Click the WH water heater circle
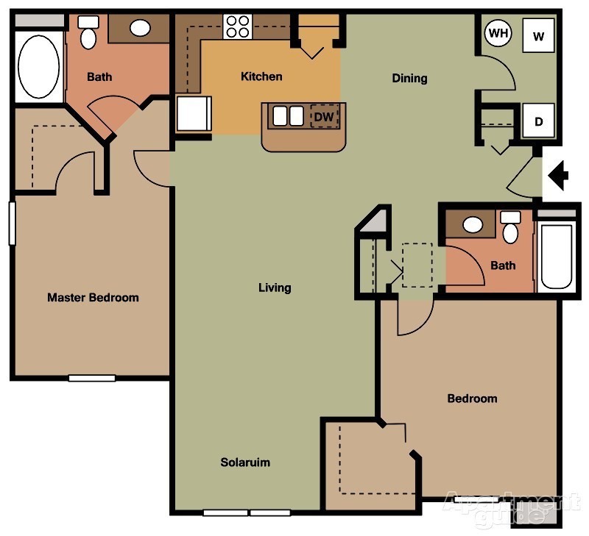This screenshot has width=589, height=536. pos(498,34)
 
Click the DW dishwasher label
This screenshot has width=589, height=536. pos(323,116)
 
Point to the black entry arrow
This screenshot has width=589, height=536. pos(560,175)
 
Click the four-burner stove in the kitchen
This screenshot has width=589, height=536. pos(238,27)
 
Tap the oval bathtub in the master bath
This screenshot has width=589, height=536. pos(38,67)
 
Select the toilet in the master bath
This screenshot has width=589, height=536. pos(88,37)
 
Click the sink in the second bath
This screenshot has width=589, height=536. pos(473,224)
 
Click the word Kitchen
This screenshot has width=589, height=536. pos(261,76)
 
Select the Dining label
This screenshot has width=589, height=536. pos(409,78)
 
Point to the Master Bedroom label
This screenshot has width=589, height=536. pos(93,298)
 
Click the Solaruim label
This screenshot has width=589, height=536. pos(245,462)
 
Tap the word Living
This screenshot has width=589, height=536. pos(275,287)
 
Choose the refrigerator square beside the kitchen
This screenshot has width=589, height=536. pos(194,114)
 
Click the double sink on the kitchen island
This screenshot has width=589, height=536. pos(288,116)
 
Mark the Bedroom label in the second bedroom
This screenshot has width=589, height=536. pos(472,399)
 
